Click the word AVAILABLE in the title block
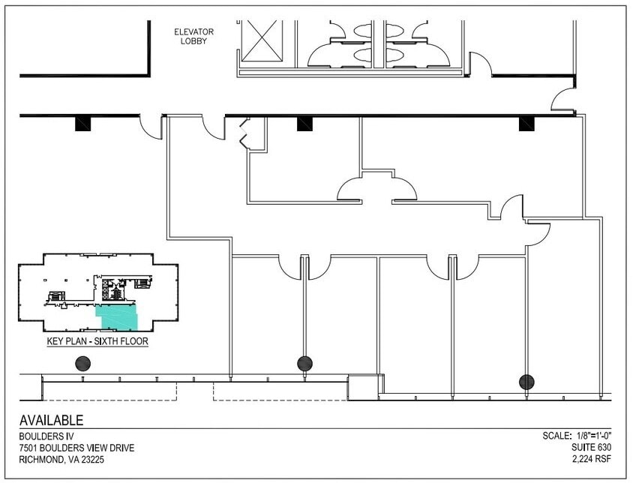(52, 421)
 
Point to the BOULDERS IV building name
(43, 436)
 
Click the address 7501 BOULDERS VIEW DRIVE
(77, 448)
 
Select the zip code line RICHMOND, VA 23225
(63, 460)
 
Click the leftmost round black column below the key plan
(83, 364)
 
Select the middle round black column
(304, 364)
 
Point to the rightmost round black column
(527, 382)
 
